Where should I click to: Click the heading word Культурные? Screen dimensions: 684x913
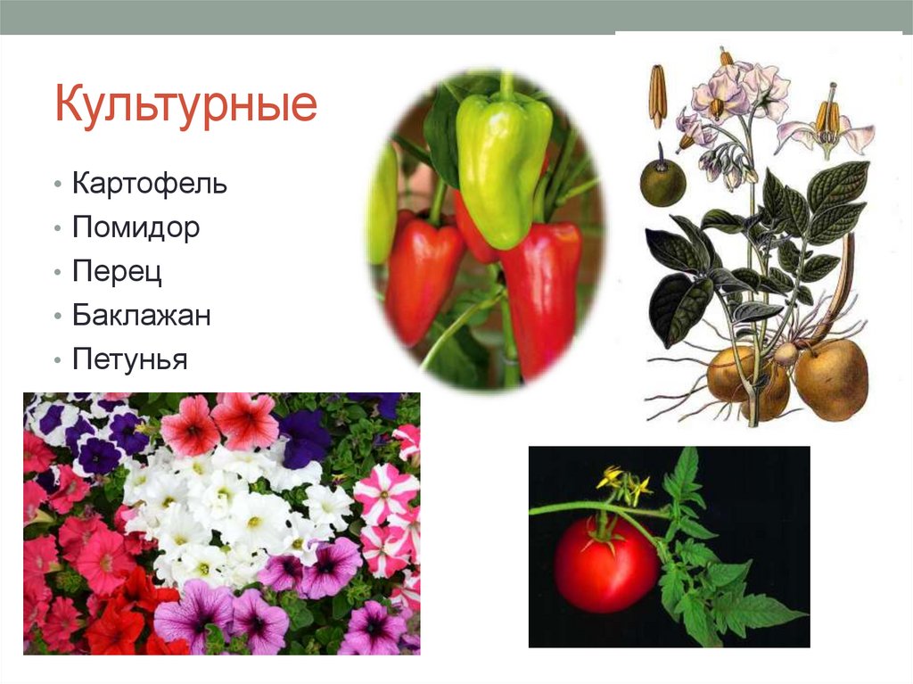(x=185, y=105)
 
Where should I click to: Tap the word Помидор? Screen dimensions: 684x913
(x=136, y=227)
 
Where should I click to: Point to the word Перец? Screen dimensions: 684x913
(x=117, y=272)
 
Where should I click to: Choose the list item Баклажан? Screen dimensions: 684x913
(x=142, y=316)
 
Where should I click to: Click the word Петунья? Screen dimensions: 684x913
(x=129, y=360)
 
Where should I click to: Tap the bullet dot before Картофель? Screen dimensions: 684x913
(x=57, y=185)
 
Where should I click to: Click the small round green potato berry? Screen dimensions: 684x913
(x=662, y=183)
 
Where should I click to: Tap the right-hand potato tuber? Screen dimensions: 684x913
(x=830, y=378)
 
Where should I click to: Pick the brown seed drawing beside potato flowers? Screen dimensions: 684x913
(x=658, y=95)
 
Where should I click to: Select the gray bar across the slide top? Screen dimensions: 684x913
(x=456, y=17)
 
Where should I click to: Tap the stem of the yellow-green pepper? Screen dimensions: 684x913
(x=506, y=86)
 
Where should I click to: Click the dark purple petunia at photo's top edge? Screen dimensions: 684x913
(x=305, y=437)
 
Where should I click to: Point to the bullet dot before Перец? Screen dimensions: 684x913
(x=57, y=274)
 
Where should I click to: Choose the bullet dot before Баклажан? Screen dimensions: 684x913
(x=57, y=317)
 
